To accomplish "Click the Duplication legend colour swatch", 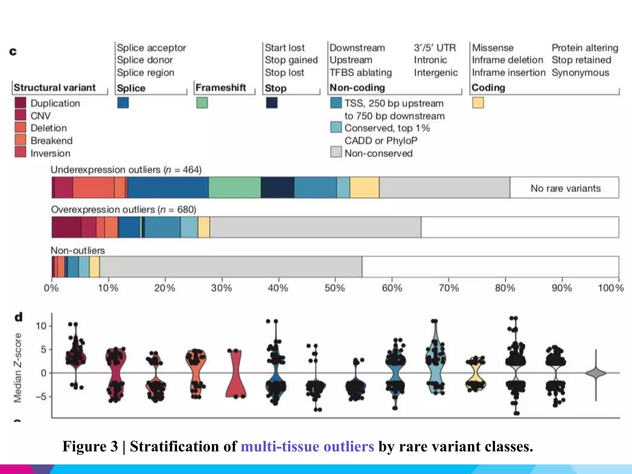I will pos(20,103).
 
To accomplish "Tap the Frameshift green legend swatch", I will pos(202,103).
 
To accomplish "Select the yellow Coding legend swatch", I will pos(478,103).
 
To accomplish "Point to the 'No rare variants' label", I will pos(565,188).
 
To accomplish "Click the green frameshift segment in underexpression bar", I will pos(235,187).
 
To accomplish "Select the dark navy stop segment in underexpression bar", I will pos(277,187).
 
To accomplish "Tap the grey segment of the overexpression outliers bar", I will pos(315,227).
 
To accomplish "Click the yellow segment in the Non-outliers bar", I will pos(94,267).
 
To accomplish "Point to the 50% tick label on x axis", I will pos(335,288).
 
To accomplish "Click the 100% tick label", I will pos(610,288).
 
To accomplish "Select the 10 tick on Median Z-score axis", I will pos(41,326).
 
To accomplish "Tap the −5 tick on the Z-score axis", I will pos(41,397).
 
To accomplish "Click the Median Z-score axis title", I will pos(18,368).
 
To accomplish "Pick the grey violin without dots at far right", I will pos(596,373).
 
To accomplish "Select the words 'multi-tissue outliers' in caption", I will pos(307,446).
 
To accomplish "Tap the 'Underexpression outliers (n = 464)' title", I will pos(126,170).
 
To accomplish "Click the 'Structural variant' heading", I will pos(55,87).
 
